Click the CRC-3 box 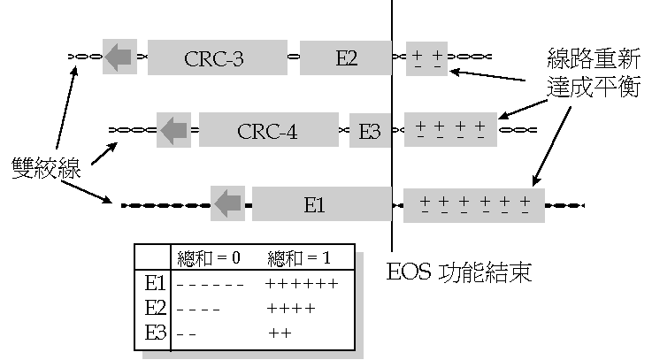click(x=215, y=58)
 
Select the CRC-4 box click(x=268, y=131)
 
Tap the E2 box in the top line click(x=346, y=58)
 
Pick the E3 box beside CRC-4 click(x=369, y=131)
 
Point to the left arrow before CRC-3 click(x=119, y=57)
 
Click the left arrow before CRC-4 click(x=173, y=130)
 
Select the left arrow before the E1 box click(x=228, y=203)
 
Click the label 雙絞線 click(x=46, y=167)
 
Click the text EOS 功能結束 click(x=459, y=271)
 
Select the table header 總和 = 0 click(x=210, y=259)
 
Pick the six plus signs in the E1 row click(x=301, y=285)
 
